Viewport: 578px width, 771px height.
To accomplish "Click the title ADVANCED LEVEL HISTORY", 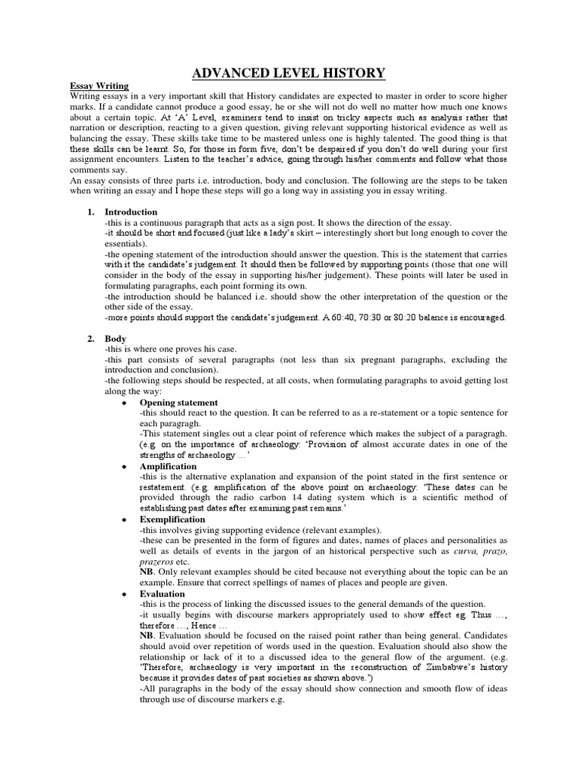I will pyautogui.click(x=289, y=73).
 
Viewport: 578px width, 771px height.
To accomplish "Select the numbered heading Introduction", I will pyautogui.click(x=131, y=212).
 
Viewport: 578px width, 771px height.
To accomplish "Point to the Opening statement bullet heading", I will pyautogui.click(x=178, y=403).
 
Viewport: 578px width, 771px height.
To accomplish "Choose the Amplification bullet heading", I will pyautogui.click(x=168, y=467).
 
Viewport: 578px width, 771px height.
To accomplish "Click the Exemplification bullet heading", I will pyautogui.click(x=172, y=520).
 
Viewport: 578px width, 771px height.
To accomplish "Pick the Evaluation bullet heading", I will pyautogui.click(x=162, y=594).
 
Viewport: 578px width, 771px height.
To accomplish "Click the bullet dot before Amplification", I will pyautogui.click(x=123, y=467).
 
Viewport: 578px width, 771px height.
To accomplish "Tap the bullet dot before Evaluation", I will pyautogui.click(x=123, y=594).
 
